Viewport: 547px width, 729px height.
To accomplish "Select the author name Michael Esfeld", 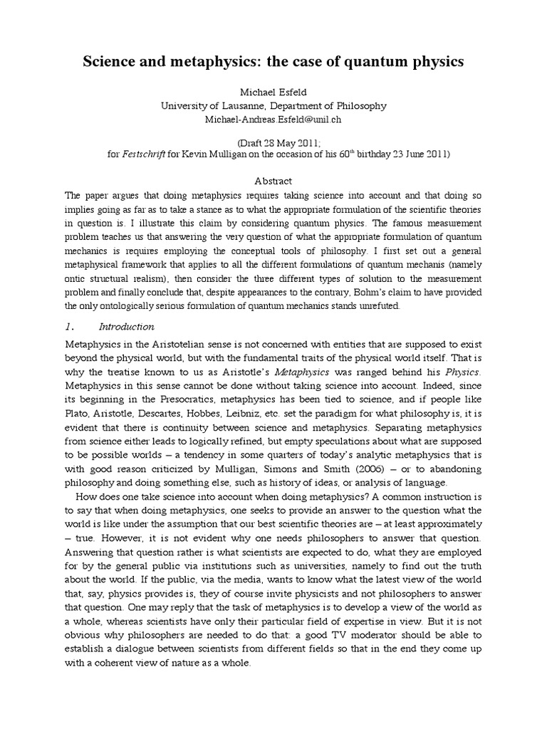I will pyautogui.click(x=273, y=93).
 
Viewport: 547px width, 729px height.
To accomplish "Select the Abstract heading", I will pyautogui.click(x=273, y=182).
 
